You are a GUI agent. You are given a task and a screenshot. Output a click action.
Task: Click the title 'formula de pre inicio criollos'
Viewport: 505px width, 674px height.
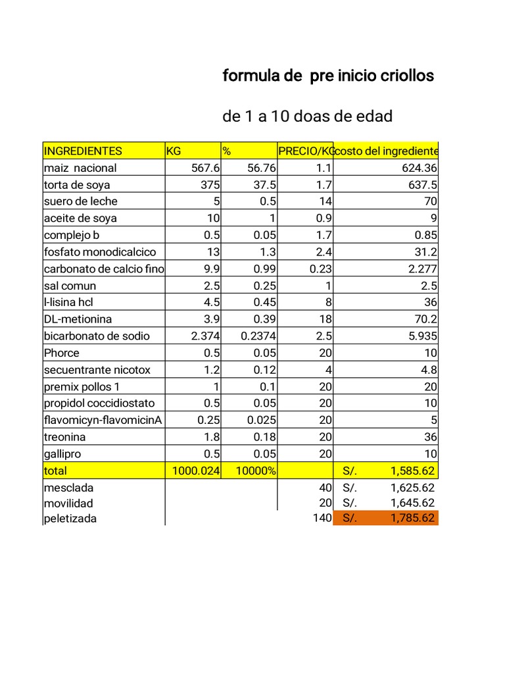[328, 76]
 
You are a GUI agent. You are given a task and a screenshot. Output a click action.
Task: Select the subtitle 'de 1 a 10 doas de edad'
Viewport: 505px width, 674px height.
[308, 117]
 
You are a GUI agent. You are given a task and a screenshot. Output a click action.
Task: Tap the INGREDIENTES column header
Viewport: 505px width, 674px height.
[83, 151]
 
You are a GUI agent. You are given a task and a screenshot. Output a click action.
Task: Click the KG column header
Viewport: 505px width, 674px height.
[174, 151]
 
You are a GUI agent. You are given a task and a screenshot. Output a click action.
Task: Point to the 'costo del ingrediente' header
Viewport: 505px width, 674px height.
[386, 151]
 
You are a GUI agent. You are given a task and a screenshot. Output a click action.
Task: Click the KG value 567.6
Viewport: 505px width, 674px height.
[206, 168]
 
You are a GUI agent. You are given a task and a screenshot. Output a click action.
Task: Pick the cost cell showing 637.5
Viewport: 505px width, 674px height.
[420, 185]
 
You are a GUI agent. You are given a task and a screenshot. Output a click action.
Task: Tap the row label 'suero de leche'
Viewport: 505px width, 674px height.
[81, 201]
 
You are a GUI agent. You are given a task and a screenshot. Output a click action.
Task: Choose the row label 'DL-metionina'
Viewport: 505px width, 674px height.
[78, 319]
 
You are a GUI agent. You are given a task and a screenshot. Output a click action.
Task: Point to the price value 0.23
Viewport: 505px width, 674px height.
[321, 269]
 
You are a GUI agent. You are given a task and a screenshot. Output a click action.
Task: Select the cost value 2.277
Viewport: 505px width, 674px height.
[421, 269]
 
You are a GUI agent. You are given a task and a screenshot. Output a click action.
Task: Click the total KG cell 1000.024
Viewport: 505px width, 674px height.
[196, 471]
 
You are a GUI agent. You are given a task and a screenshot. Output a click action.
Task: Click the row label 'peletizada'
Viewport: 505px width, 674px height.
[70, 519]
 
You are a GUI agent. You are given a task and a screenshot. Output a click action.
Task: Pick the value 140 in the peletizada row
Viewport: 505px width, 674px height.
[322, 518]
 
